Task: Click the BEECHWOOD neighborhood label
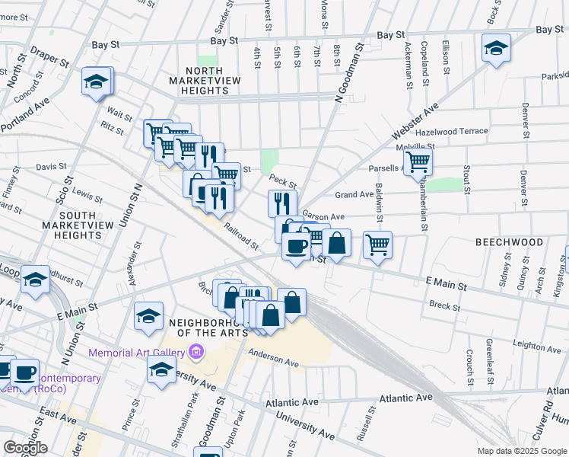click(510, 242)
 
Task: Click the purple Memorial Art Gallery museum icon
click(197, 352)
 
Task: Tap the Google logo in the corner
click(24, 448)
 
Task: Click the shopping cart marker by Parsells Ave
click(418, 162)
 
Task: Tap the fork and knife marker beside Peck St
click(281, 203)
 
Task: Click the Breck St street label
click(440, 305)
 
